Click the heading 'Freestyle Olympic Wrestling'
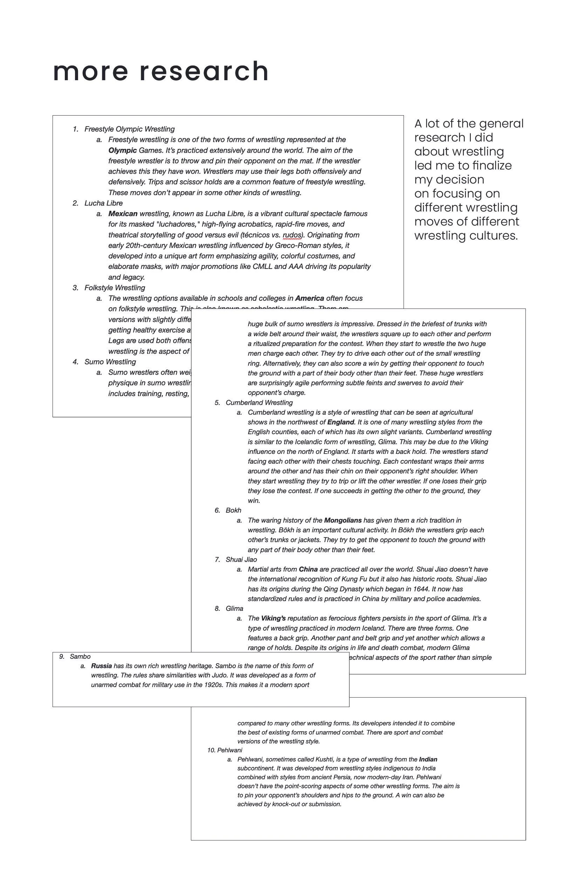(x=130, y=129)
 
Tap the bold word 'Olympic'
(x=122, y=151)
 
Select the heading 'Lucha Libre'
(x=104, y=203)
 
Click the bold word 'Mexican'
(x=123, y=214)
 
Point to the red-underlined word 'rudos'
(x=293, y=235)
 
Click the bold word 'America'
(x=309, y=298)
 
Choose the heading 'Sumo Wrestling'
(x=110, y=362)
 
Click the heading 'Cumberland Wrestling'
(x=259, y=403)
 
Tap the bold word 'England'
(x=340, y=422)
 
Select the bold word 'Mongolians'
(x=343, y=520)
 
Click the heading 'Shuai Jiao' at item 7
(x=241, y=560)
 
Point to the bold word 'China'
(x=308, y=569)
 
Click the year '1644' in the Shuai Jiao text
(x=421, y=589)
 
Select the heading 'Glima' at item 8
(x=234, y=608)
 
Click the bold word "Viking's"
(x=273, y=618)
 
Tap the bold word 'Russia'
(x=101, y=666)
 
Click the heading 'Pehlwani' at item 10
(x=229, y=750)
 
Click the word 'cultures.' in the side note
(x=496, y=236)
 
